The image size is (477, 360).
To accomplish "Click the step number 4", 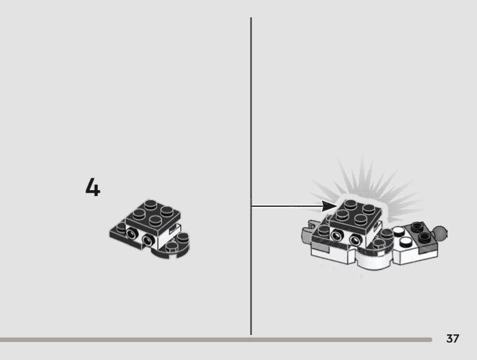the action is tap(93, 187).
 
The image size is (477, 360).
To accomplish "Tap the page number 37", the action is tap(453, 339).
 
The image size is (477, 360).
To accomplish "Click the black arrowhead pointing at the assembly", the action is tap(329, 206).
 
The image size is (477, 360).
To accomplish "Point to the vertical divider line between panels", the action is tap(251, 176).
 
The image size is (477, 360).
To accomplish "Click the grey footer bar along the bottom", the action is tap(216, 340).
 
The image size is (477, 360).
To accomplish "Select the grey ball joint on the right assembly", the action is tap(441, 233).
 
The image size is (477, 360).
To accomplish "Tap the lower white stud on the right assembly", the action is tap(405, 242).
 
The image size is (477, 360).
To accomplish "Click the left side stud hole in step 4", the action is tap(131, 233).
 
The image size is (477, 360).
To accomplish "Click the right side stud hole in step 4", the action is tap(148, 240).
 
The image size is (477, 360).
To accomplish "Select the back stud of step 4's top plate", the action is tap(151, 204).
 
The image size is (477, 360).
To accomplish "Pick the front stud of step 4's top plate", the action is tap(155, 220).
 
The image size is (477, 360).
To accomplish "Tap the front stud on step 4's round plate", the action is tap(171, 248).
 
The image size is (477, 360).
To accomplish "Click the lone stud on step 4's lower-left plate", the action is tap(121, 226).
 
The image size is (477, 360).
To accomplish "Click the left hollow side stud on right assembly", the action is tap(337, 235).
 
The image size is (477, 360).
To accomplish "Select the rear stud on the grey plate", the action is tap(416, 226).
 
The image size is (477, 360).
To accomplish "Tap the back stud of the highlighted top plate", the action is tap(351, 204).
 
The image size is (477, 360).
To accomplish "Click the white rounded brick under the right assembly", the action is tap(374, 260).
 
